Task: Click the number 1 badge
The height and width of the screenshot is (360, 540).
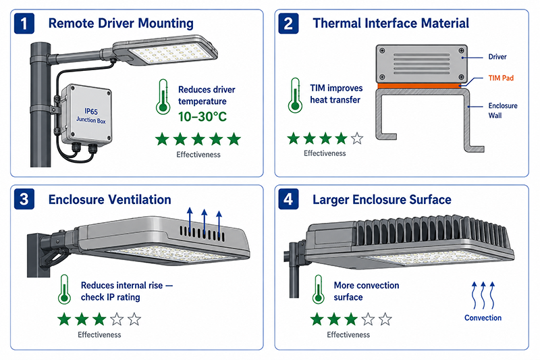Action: click(x=24, y=24)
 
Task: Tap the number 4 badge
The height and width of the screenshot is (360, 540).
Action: click(x=288, y=199)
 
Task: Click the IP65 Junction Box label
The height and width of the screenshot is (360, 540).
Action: click(x=91, y=115)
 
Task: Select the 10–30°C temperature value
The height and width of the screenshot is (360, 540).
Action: click(x=202, y=117)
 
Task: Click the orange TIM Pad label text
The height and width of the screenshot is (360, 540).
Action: click(x=501, y=78)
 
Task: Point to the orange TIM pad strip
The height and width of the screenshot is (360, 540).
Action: click(x=419, y=85)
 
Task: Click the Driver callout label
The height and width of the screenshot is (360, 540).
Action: click(x=497, y=57)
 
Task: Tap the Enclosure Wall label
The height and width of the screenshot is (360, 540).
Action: click(x=503, y=111)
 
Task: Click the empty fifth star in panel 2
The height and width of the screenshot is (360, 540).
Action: click(x=357, y=138)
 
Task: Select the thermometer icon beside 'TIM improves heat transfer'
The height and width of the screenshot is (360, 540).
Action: click(x=295, y=95)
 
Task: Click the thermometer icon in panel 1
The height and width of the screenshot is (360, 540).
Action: click(x=163, y=97)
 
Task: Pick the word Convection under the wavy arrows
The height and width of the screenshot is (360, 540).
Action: click(x=483, y=317)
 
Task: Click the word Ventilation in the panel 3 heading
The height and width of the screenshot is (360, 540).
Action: click(x=140, y=199)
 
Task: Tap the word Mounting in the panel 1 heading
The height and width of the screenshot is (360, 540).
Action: click(x=165, y=24)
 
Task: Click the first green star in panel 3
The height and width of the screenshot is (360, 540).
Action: click(x=64, y=319)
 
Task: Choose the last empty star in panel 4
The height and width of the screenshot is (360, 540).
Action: click(x=385, y=319)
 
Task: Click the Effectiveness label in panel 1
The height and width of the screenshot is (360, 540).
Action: click(x=198, y=155)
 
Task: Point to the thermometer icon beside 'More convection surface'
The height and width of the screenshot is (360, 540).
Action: click(x=318, y=289)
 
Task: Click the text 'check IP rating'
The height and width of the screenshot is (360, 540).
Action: click(x=111, y=297)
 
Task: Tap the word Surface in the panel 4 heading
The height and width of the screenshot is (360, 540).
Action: click(x=430, y=199)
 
